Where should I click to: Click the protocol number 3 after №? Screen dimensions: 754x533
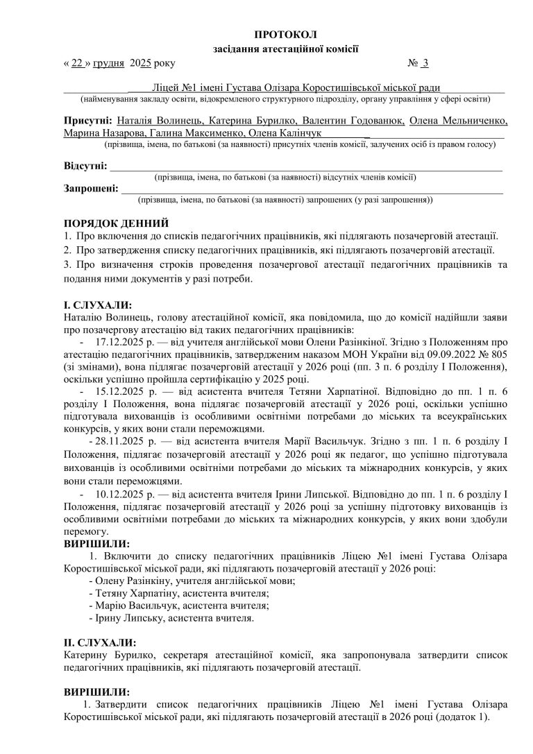coord(425,64)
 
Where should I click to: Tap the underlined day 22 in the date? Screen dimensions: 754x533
coord(77,64)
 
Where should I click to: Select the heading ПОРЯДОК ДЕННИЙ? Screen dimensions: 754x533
coord(116,224)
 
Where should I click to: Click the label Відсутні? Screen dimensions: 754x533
coord(85,166)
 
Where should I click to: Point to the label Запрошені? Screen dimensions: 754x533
coord(91,188)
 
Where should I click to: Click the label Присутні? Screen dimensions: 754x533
coord(88,121)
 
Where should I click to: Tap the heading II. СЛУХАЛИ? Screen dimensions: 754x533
coord(100,642)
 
